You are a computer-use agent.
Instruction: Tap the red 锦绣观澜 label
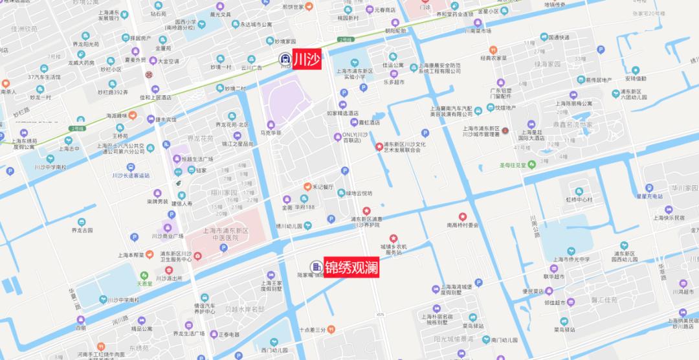[x=351, y=267]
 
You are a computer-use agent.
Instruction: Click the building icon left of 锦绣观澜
[x=316, y=267]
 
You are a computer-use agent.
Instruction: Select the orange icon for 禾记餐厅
[x=307, y=186]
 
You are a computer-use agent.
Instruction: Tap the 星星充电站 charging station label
[x=650, y=196]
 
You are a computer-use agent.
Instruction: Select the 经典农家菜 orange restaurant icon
[x=493, y=49]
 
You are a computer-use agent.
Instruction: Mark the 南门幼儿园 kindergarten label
[x=502, y=340]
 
